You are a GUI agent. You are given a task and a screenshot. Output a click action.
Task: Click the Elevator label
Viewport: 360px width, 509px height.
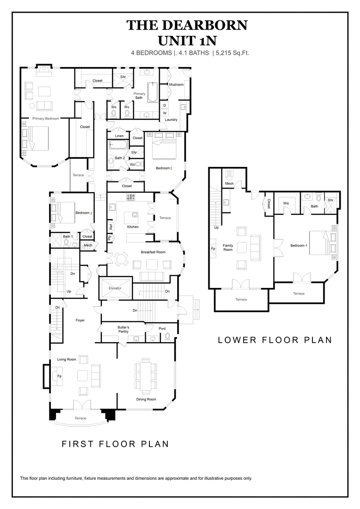click(115, 288)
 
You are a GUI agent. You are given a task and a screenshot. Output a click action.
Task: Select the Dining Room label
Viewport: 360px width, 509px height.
click(146, 399)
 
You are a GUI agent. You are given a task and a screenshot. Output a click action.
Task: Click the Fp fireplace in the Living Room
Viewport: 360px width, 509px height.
click(59, 376)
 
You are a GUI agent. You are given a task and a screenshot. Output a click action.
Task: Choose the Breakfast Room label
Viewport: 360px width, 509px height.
click(153, 252)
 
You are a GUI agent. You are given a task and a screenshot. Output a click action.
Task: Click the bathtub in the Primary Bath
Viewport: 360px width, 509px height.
click(153, 92)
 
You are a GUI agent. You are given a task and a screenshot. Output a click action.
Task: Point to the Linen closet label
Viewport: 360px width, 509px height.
click(119, 136)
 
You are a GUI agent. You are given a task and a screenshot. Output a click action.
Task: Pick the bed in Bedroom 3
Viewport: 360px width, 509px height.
click(61, 212)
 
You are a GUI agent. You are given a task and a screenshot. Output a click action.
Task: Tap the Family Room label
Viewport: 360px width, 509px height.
click(228, 247)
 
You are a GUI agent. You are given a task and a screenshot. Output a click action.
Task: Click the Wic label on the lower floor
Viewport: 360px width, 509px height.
click(286, 203)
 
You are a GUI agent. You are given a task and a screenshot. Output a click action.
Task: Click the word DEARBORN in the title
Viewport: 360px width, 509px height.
click(202, 25)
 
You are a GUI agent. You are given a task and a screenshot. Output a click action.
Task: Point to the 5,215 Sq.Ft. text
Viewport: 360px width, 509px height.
click(232, 53)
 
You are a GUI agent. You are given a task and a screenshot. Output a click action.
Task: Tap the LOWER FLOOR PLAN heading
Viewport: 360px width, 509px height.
click(275, 340)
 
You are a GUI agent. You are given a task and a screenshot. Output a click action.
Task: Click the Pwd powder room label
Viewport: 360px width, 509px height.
click(162, 328)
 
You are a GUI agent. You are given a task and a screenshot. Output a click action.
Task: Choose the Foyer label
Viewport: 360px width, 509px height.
click(80, 320)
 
